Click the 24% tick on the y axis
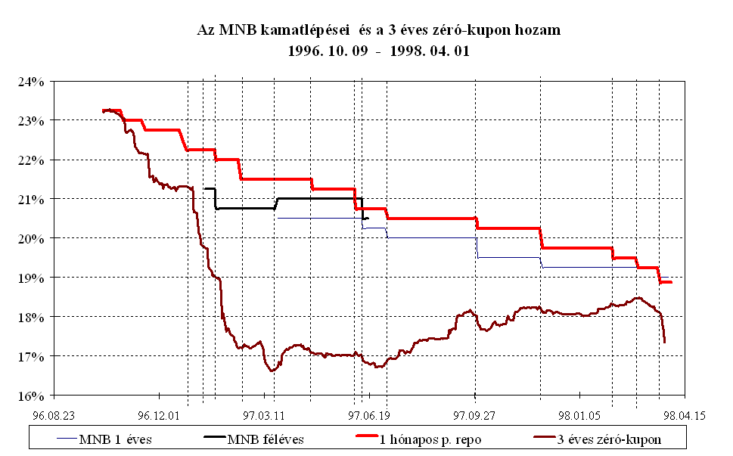tap(37, 81)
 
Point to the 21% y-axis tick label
tap(37, 199)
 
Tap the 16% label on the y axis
tap(37, 396)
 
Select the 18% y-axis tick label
tap(37, 317)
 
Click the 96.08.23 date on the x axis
tap(54, 415)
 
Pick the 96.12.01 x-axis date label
tap(159, 415)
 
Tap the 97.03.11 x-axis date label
tap(264, 415)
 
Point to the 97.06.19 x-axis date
tap(369, 415)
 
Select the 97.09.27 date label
tap(474, 415)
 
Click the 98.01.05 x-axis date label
tap(579, 415)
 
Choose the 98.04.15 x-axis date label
tap(685, 415)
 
